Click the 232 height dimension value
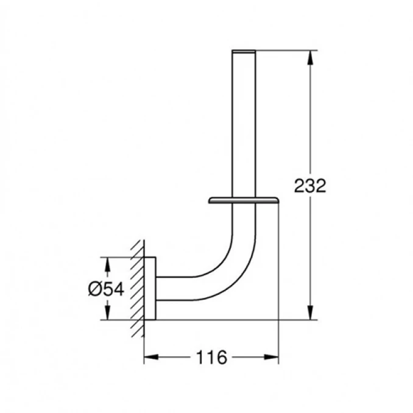pos(310,185)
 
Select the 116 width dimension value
pos(211,358)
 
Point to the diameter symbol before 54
pos(93,289)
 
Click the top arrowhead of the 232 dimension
pos(311,56)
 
